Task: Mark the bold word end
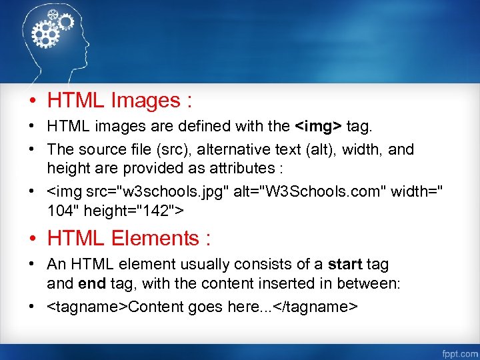point(92,283)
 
